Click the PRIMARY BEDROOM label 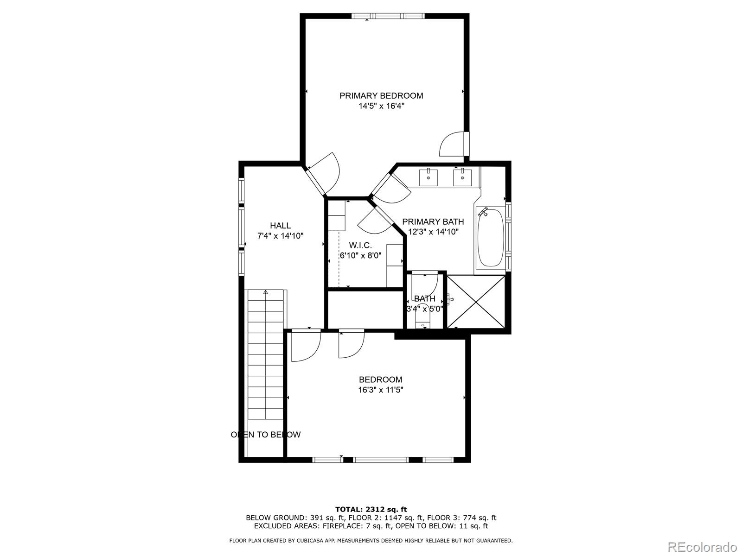click(381, 96)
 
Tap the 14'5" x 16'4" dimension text click(381, 106)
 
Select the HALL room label click(280, 226)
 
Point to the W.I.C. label click(360, 245)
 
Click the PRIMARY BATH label click(433, 222)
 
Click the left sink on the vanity click(429, 177)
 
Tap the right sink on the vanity click(462, 177)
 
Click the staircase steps click(265, 357)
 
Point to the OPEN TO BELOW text click(266, 435)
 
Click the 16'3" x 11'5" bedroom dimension click(380, 390)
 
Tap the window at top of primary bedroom click(388, 16)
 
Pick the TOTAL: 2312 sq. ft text click(371, 509)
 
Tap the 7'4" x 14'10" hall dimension click(280, 236)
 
